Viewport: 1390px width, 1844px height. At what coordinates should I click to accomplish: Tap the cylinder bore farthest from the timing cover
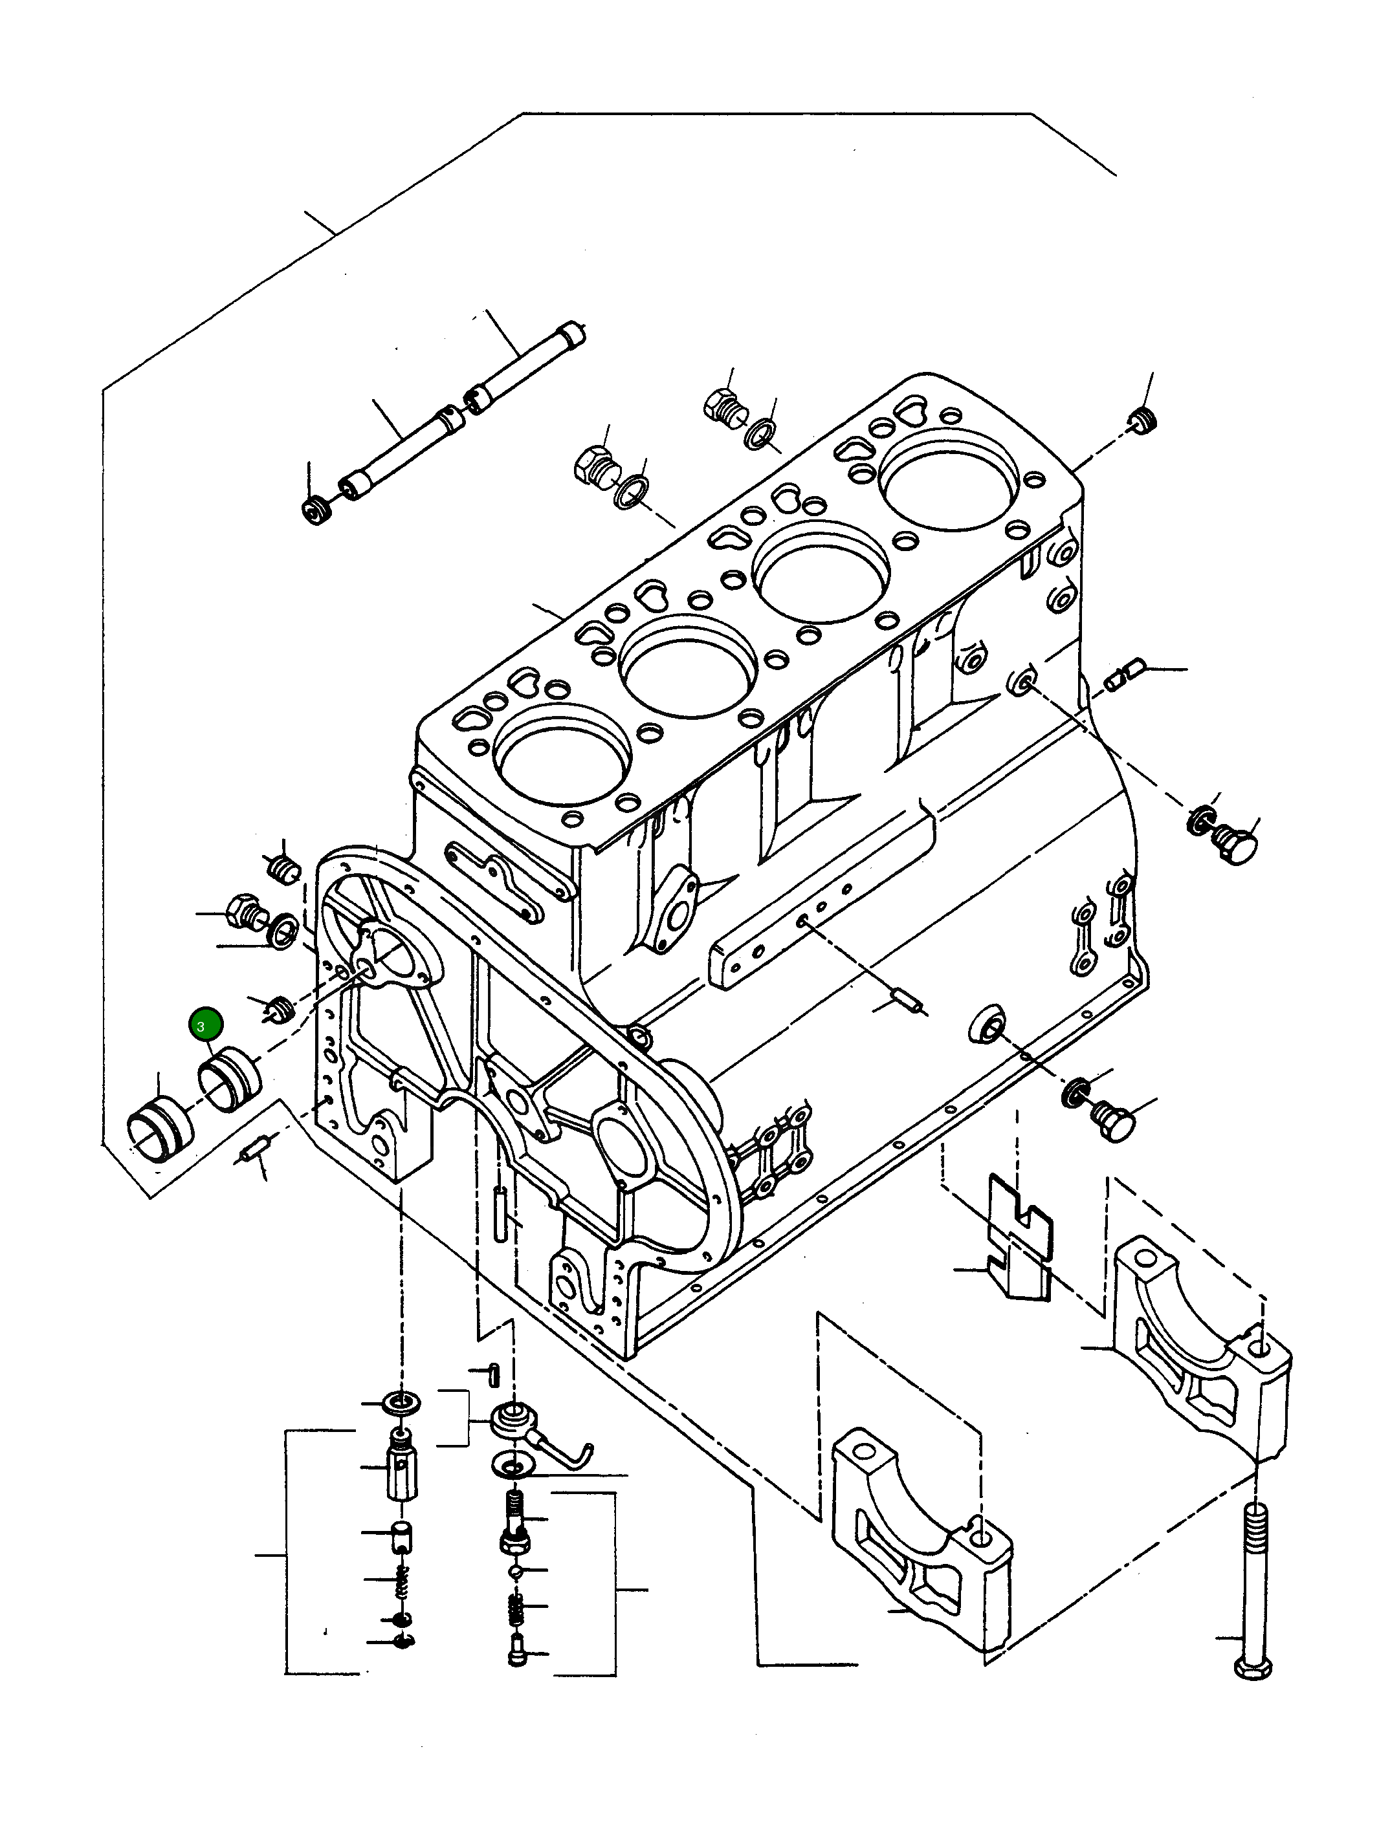click(949, 480)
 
